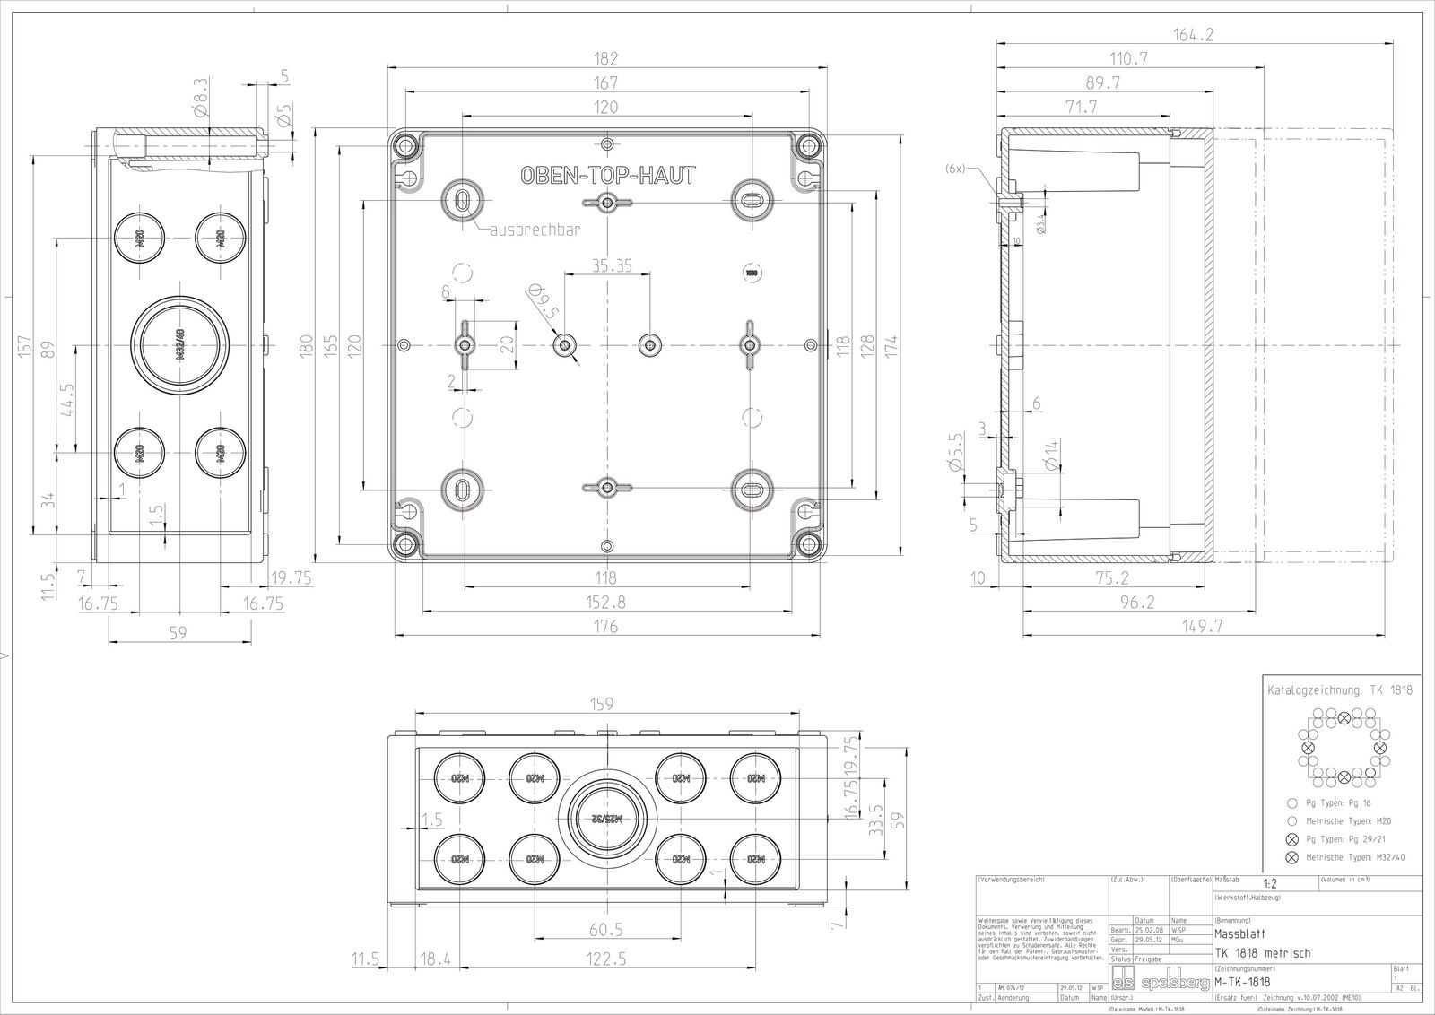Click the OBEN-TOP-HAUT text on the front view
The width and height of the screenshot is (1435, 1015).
click(x=607, y=176)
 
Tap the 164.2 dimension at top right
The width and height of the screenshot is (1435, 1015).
click(x=1192, y=36)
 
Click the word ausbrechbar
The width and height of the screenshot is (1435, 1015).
click(x=535, y=230)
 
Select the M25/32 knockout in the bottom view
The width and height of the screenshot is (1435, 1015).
click(x=607, y=818)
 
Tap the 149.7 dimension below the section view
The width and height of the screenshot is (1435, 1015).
click(x=1203, y=627)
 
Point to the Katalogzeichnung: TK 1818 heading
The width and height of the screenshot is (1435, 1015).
click(x=1339, y=690)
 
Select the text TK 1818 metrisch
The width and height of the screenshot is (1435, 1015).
click(x=1262, y=952)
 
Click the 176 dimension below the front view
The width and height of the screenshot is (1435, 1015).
click(x=607, y=627)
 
